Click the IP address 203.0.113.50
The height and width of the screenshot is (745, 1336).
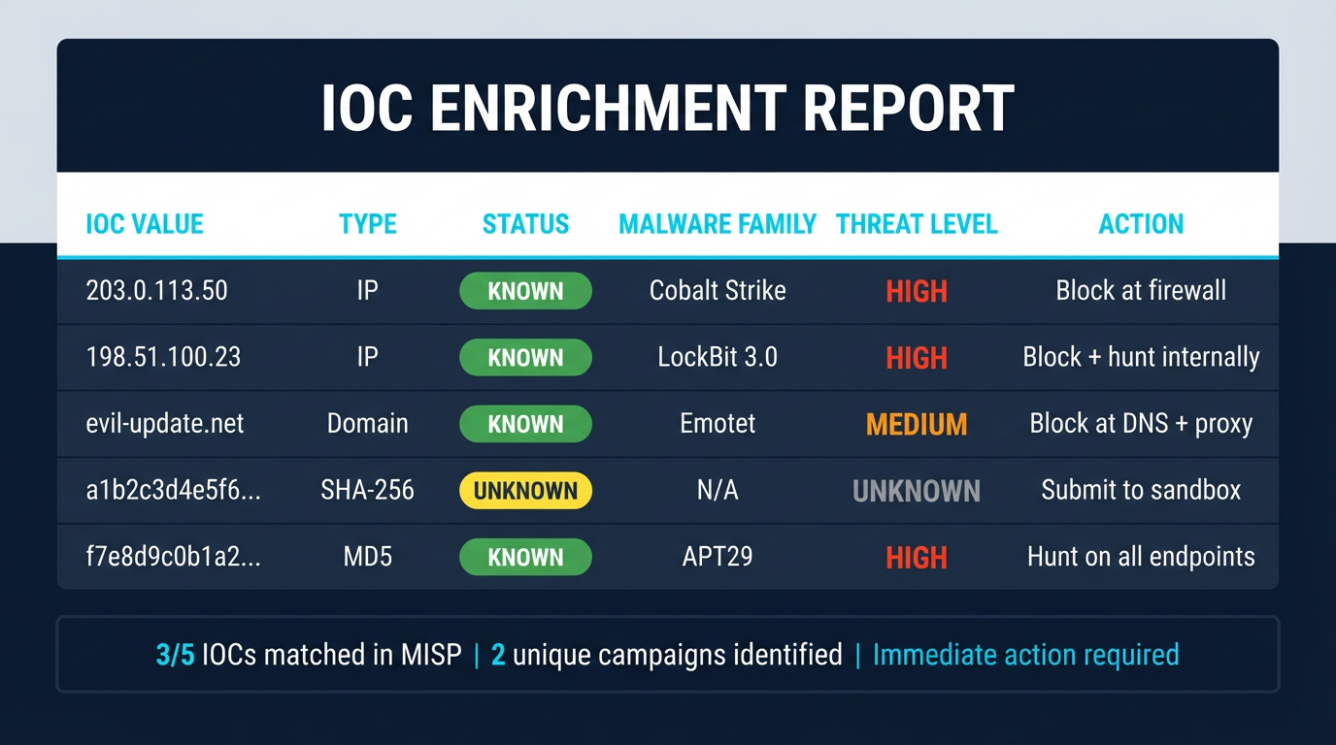click(156, 291)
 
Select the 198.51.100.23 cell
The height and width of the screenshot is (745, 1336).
click(163, 357)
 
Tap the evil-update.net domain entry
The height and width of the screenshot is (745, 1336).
click(165, 424)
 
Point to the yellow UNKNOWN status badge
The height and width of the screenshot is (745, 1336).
click(525, 491)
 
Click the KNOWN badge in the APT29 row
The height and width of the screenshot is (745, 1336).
click(525, 557)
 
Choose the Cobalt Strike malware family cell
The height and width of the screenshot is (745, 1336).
click(718, 291)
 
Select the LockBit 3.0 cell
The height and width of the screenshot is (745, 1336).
click(718, 357)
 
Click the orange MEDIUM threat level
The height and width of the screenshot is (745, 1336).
click(917, 424)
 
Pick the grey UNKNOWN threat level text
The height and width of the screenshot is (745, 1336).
click(917, 491)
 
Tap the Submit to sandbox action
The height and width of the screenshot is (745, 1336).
click(1141, 491)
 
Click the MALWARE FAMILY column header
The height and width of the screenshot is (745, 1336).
click(718, 224)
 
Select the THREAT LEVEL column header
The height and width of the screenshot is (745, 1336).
click(917, 224)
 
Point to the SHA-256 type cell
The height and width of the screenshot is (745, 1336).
click(367, 491)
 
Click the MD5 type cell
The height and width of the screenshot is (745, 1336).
click(367, 557)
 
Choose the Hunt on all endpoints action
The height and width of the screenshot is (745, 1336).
click(1141, 557)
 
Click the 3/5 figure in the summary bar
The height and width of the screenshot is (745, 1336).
click(176, 655)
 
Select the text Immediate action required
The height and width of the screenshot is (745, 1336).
click(1025, 655)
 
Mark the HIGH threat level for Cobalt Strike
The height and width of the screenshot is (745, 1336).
click(917, 291)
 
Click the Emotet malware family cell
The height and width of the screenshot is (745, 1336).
click(718, 424)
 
